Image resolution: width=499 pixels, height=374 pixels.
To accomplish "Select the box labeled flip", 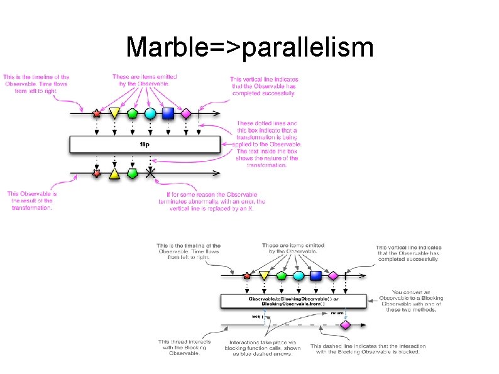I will pos(144,145).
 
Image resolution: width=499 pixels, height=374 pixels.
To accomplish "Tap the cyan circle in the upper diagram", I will pos(150,114).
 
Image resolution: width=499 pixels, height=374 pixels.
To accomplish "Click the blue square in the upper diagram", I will pos(168,114).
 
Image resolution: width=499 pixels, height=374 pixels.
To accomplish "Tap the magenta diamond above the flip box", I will pos(185,114).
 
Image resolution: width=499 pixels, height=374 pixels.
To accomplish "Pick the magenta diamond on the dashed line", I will pos(344,325).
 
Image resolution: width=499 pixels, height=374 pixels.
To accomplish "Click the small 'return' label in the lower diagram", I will pos(337,312).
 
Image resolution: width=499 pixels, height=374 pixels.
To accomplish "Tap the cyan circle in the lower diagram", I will pos(299,275).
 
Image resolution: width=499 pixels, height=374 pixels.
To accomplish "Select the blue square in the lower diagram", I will pos(316,275).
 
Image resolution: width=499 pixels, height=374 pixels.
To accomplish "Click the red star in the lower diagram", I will pos(246,275).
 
